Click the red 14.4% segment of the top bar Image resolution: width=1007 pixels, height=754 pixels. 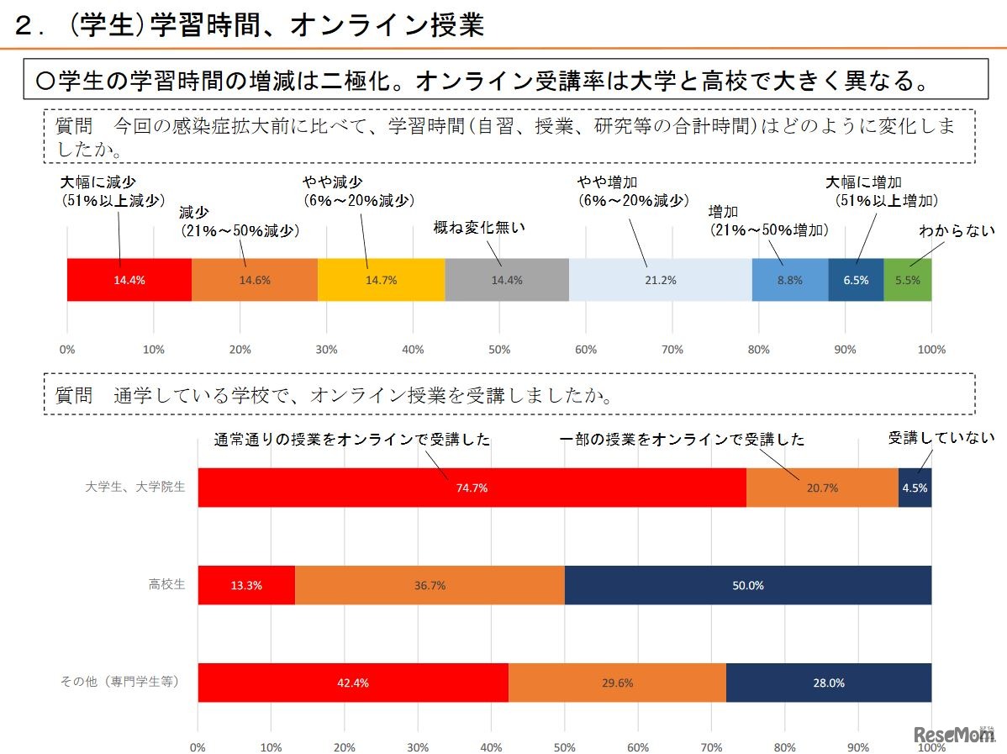(x=129, y=280)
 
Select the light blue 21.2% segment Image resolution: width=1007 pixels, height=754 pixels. (x=660, y=280)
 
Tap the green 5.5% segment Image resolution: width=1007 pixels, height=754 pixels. (x=907, y=280)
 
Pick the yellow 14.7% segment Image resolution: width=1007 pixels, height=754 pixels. (x=382, y=280)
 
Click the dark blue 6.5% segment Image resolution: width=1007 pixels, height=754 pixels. (x=856, y=280)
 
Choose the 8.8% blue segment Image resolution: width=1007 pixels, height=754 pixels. (x=789, y=280)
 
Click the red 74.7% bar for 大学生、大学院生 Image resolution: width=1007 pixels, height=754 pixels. (x=472, y=488)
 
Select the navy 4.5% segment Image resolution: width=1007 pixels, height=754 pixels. (x=915, y=488)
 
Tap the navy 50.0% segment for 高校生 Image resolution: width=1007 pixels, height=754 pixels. (x=747, y=585)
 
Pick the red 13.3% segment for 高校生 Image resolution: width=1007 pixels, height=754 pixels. (x=246, y=585)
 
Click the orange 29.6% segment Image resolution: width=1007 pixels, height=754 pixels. (x=617, y=683)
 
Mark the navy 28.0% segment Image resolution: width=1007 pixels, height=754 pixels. (x=828, y=683)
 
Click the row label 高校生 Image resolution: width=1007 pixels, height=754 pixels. (x=166, y=584)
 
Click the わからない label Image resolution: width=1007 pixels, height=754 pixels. (x=957, y=230)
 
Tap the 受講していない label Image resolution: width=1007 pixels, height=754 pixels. (x=941, y=438)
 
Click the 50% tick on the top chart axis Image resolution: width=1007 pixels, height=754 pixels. (x=499, y=349)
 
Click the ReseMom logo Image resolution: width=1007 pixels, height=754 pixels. (x=953, y=734)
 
